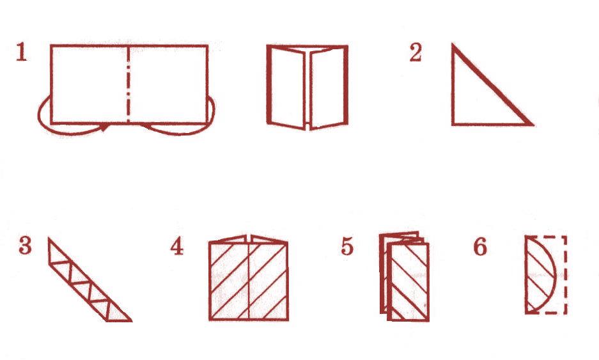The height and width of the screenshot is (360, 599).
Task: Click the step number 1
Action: tap(21, 52)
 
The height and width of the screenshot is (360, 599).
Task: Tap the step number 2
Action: tap(416, 52)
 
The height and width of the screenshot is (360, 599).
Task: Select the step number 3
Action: tap(25, 246)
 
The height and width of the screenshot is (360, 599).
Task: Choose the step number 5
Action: tap(347, 246)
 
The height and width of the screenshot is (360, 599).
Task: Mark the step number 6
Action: tap(480, 246)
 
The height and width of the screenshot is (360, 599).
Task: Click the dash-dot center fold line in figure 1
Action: tap(128, 84)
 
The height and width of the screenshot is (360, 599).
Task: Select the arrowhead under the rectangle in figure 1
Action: tap(104, 127)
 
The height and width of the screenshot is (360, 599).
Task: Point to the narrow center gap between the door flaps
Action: tap(308, 88)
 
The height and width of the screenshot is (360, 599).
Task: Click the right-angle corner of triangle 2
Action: tap(453, 123)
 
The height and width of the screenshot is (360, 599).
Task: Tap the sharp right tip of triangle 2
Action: tap(532, 124)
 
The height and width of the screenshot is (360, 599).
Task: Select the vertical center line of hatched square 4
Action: tap(249, 281)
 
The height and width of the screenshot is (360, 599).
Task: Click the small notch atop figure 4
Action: tap(249, 239)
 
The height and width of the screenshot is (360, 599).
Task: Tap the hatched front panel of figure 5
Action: tap(408, 281)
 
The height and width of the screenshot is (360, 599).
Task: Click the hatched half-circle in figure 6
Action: tap(540, 274)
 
